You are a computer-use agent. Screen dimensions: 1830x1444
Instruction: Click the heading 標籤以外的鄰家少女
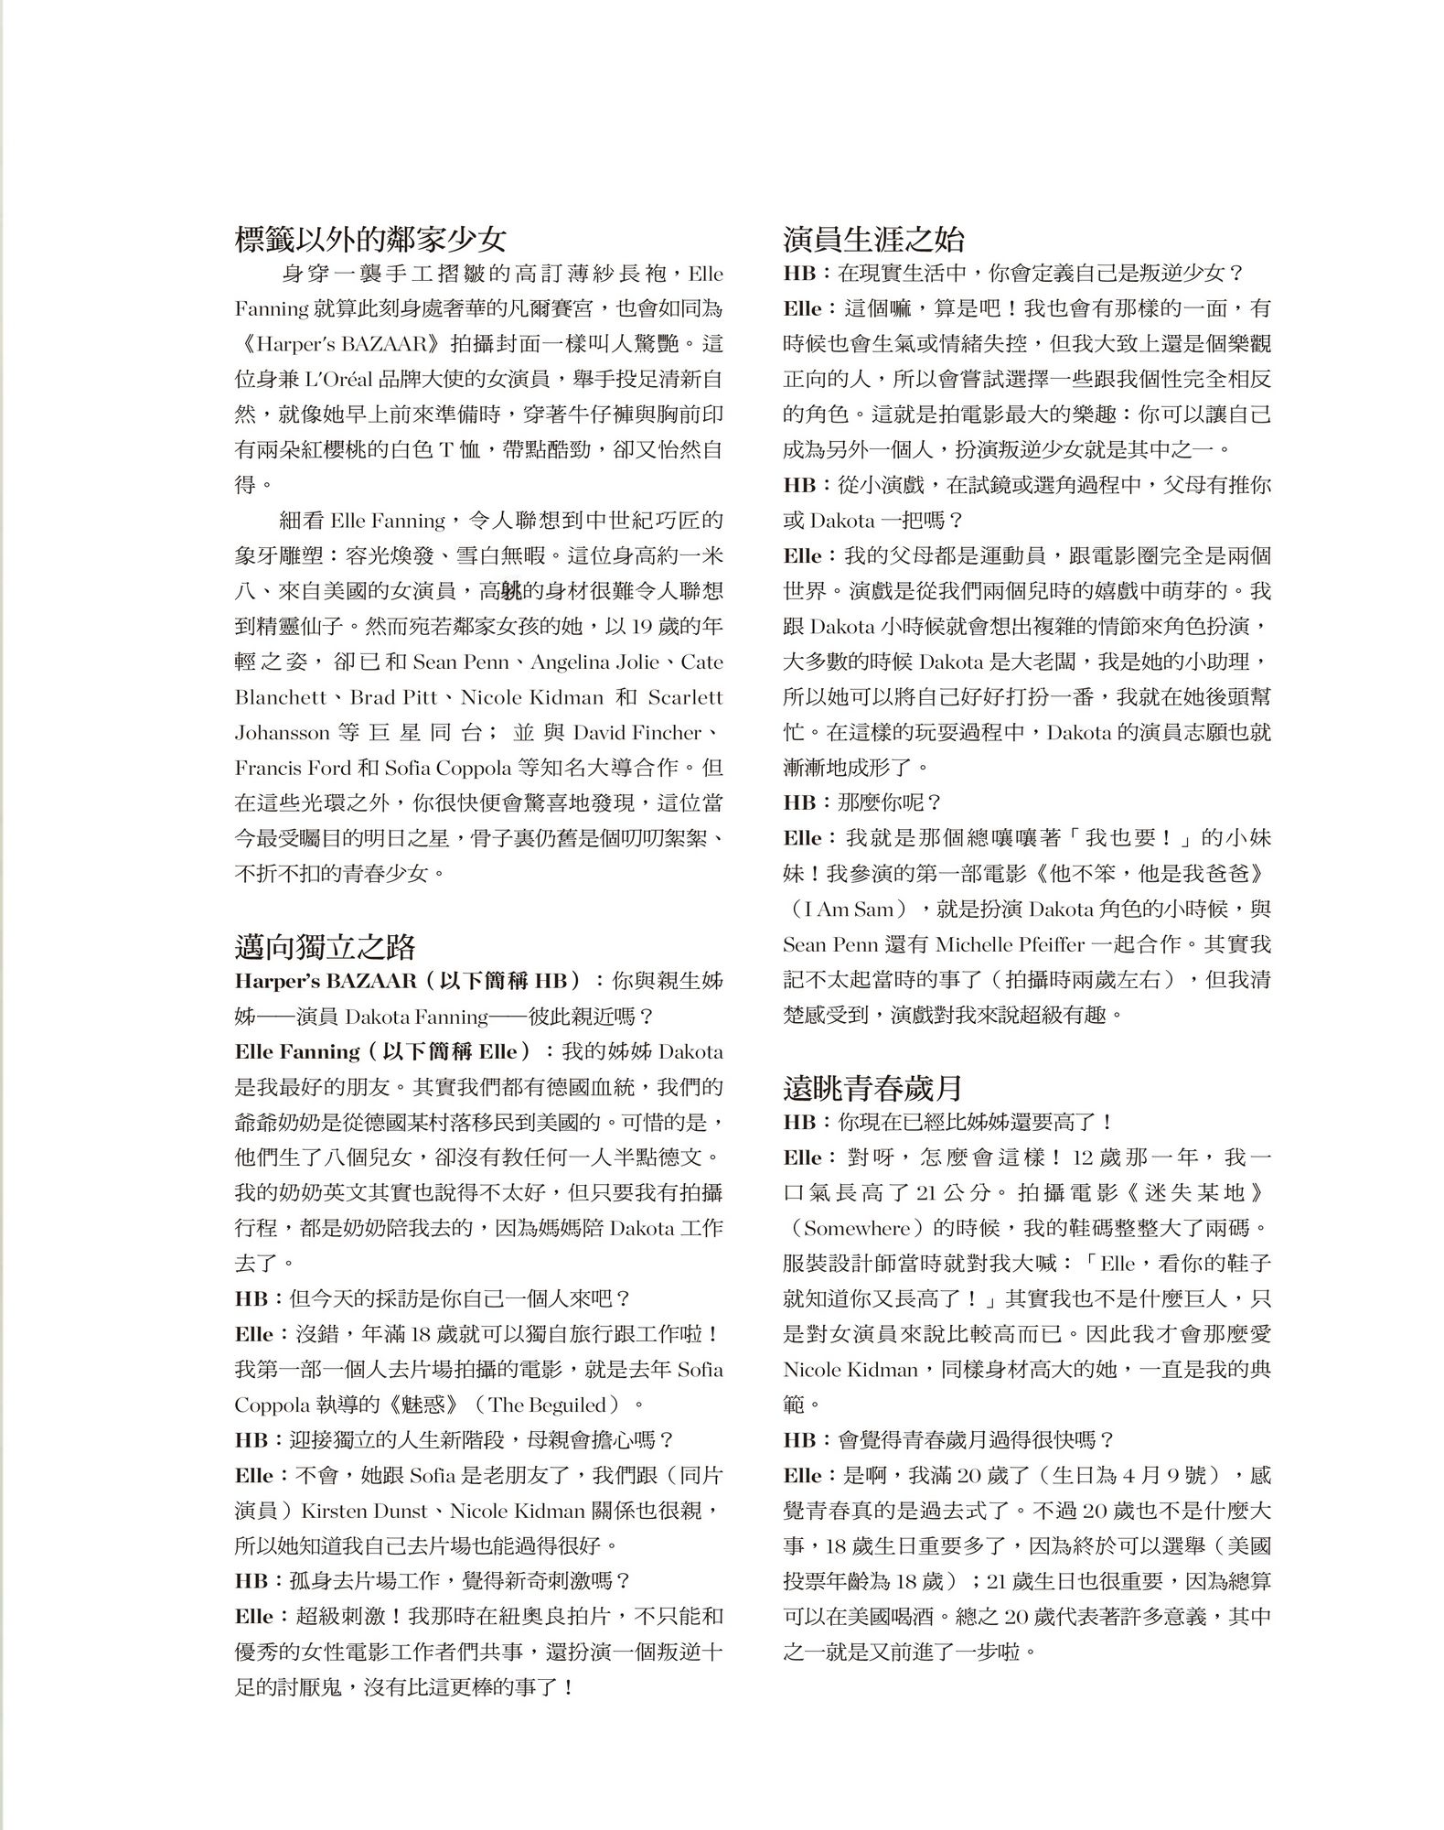[370, 240]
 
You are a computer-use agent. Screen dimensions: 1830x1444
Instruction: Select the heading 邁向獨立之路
[326, 946]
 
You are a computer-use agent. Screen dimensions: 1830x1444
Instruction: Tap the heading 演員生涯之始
[873, 240]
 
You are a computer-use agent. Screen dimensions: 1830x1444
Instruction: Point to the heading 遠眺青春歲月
[873, 1088]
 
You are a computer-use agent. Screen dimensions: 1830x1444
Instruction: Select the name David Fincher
[637, 733]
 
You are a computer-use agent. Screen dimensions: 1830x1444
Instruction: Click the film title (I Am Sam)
[848, 910]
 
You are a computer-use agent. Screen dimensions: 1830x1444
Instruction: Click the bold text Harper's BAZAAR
[326, 981]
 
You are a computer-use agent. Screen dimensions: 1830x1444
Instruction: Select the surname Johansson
[282, 733]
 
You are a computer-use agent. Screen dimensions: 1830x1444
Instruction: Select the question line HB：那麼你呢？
[862, 802]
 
